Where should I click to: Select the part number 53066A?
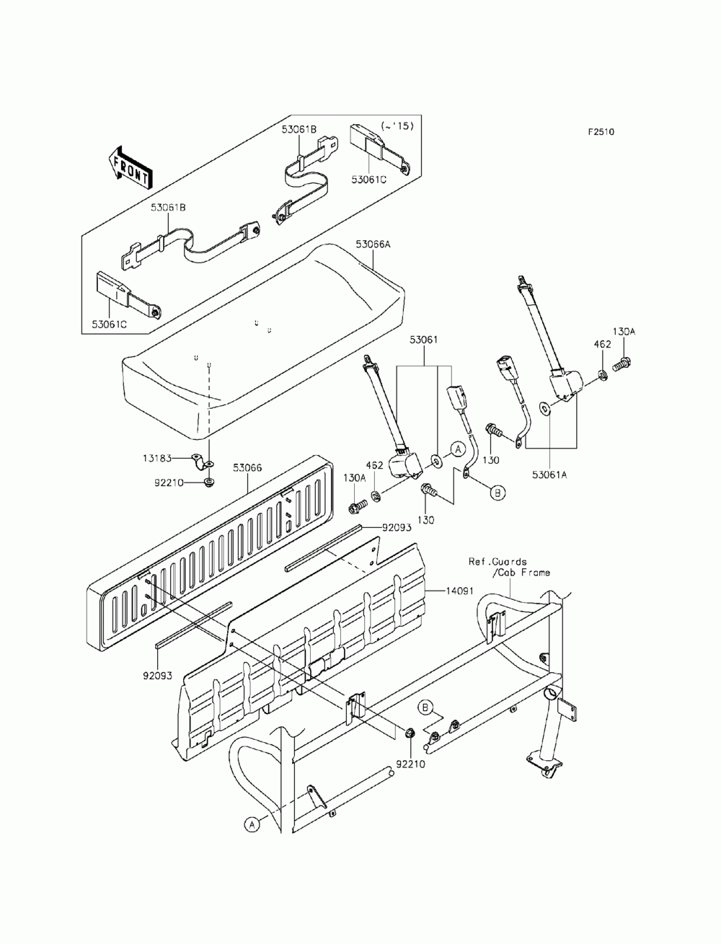[x=373, y=244]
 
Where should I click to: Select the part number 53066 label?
[x=247, y=468]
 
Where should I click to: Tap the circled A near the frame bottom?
[x=251, y=824]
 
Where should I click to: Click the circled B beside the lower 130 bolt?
[x=497, y=493]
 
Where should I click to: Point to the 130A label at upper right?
[x=624, y=332]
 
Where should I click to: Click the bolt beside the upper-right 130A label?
[x=621, y=366]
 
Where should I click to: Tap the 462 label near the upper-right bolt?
[x=603, y=345]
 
